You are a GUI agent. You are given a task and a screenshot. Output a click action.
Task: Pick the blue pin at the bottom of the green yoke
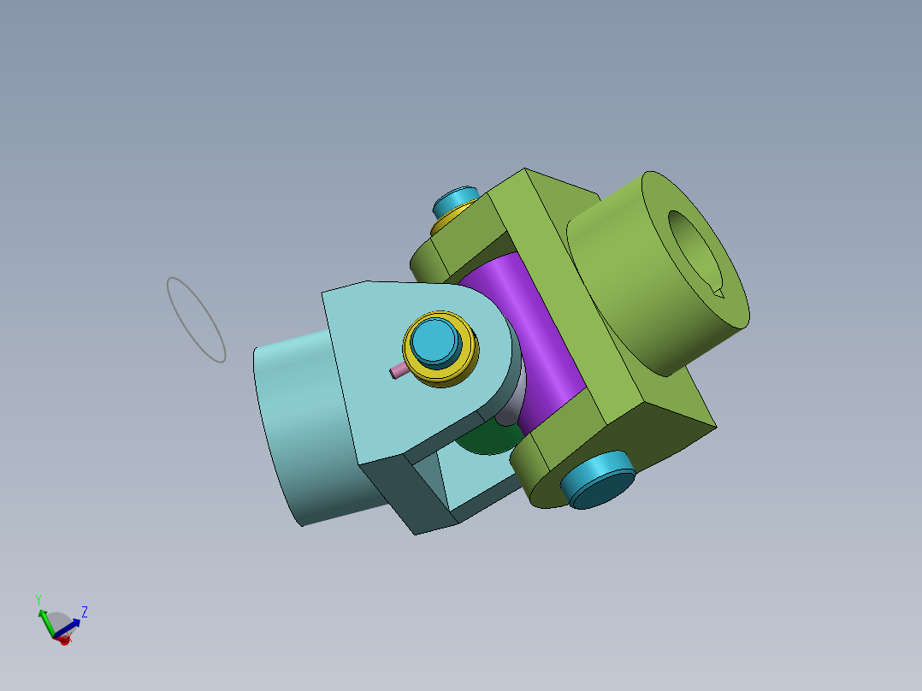click(x=597, y=479)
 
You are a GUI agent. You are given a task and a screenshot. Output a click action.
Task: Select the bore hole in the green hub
click(x=695, y=254)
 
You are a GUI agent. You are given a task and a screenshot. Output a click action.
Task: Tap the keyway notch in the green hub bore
click(x=718, y=292)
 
